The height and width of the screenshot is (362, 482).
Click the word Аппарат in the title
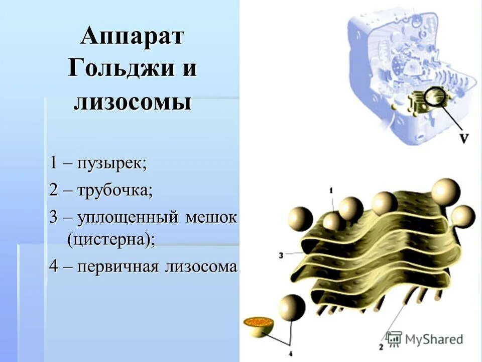133,38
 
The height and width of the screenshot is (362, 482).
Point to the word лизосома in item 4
201,266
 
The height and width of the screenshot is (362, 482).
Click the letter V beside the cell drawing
464,138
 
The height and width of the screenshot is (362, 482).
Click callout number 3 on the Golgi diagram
281,255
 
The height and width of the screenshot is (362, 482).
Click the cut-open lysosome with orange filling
258,324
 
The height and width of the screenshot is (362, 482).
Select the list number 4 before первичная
53,266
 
